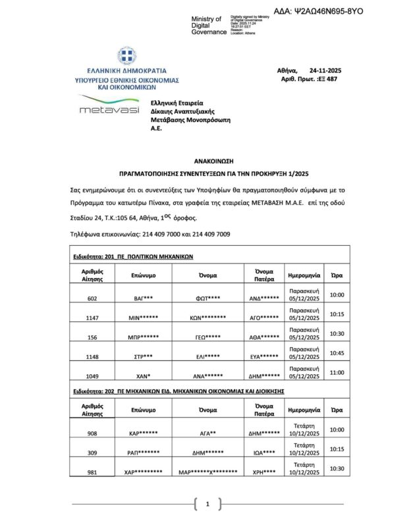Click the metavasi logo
tap(109, 105)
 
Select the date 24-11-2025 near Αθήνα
tap(325, 70)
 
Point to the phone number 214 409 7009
tap(208, 234)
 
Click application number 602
tap(92, 298)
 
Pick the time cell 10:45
tap(337, 353)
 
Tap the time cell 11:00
tap(337, 372)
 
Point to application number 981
tap(92, 472)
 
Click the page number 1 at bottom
tap(207, 505)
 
